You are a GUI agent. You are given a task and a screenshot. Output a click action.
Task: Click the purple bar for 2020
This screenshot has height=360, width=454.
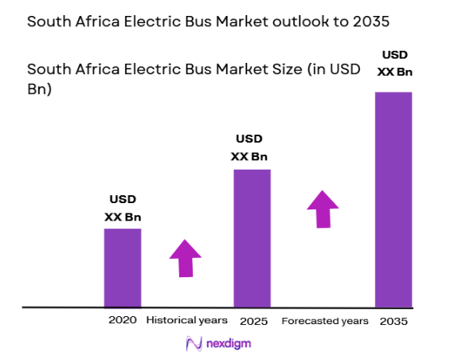point(123,268)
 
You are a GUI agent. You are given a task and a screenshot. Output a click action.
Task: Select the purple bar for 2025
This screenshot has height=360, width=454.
point(252,238)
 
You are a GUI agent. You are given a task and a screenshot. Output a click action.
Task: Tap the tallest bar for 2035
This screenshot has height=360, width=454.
point(393,199)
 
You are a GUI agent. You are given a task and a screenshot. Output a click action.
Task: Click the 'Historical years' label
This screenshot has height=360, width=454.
point(187,320)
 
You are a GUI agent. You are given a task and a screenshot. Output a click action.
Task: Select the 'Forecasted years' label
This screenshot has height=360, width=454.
point(325,320)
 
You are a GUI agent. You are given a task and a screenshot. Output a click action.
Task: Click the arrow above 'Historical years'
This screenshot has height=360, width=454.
point(186,257)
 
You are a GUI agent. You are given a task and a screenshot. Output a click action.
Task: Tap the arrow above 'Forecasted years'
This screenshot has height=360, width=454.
point(323,209)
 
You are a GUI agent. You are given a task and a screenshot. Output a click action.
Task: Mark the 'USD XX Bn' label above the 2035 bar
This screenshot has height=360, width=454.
point(393,62)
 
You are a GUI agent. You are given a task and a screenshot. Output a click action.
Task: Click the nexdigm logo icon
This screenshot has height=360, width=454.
point(193,344)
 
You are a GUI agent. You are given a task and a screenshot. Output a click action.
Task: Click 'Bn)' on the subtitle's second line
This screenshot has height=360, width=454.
point(40,90)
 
